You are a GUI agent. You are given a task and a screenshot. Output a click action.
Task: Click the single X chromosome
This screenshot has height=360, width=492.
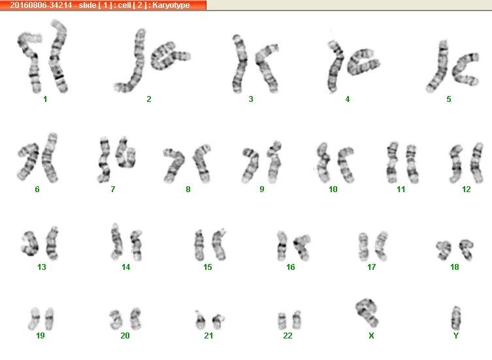tap(367, 312)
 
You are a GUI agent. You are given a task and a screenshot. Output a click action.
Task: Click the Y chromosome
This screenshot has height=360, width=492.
tap(456, 318)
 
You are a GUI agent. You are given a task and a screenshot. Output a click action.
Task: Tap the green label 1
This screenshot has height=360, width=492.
tap(45, 99)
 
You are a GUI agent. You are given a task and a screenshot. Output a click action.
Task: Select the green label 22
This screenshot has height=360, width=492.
tap(287, 336)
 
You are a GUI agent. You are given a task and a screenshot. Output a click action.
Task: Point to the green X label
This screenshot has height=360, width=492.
tap(371, 336)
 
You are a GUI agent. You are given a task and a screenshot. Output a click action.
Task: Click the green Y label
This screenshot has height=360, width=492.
tap(456, 336)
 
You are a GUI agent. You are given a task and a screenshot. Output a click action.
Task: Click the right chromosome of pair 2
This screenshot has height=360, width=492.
tap(169, 56)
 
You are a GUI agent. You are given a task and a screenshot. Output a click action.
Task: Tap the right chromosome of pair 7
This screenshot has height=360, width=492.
tap(125, 153)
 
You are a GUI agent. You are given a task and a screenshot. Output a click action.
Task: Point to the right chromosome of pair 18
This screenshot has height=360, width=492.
tap(467, 249)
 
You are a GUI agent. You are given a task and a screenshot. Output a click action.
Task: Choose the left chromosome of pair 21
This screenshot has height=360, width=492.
tap(200, 320)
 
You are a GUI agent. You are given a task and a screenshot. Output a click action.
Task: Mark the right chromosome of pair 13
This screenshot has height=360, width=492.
tap(52, 243)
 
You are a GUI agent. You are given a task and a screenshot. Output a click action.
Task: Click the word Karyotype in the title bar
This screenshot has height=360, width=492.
tap(171, 5)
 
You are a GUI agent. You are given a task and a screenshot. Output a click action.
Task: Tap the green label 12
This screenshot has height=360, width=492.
tap(467, 189)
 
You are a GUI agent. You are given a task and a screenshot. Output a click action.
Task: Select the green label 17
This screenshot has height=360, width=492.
tap(372, 267)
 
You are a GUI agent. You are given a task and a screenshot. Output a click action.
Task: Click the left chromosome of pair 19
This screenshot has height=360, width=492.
tap(34, 319)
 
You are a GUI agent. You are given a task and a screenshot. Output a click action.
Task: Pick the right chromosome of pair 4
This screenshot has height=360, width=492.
tap(363, 62)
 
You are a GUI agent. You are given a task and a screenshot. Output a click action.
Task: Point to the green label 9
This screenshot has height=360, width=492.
tap(262, 189)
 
